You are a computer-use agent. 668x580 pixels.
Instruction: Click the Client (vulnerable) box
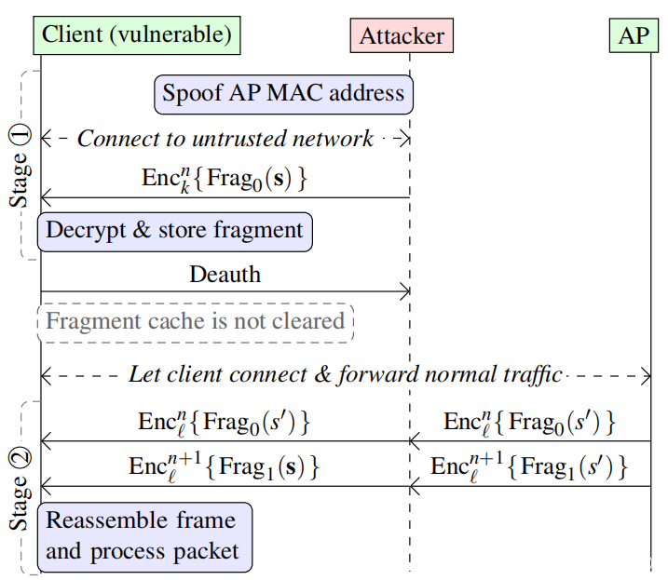(x=137, y=35)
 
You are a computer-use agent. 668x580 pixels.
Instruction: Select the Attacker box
(x=402, y=35)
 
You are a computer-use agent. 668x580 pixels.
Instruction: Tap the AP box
(x=634, y=35)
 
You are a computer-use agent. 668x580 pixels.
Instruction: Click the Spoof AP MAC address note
(x=284, y=95)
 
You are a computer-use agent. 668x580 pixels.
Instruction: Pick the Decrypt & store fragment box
(x=174, y=232)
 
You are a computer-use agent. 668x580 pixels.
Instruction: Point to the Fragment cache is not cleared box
(x=196, y=323)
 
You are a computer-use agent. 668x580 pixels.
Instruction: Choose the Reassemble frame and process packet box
(x=144, y=537)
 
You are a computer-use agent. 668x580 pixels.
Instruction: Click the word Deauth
(x=225, y=275)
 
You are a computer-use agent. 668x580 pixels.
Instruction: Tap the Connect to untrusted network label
(x=225, y=139)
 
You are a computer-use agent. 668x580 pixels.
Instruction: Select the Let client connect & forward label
(x=346, y=375)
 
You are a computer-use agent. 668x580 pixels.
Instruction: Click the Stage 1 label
(x=20, y=166)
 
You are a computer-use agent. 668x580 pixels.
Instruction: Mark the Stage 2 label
(x=20, y=489)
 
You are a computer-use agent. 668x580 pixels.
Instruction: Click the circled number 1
(x=20, y=135)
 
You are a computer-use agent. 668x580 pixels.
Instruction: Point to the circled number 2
(x=20, y=458)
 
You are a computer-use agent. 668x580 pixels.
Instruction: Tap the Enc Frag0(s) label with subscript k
(x=225, y=180)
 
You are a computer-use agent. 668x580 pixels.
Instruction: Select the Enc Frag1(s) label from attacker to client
(x=225, y=467)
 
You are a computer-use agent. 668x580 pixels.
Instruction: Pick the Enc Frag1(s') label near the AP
(x=529, y=467)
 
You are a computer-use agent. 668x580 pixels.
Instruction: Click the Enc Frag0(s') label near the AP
(x=529, y=424)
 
